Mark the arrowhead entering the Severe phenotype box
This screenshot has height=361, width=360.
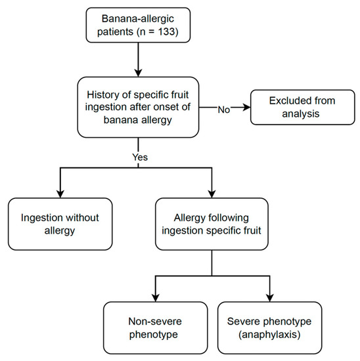click(x=271, y=297)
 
